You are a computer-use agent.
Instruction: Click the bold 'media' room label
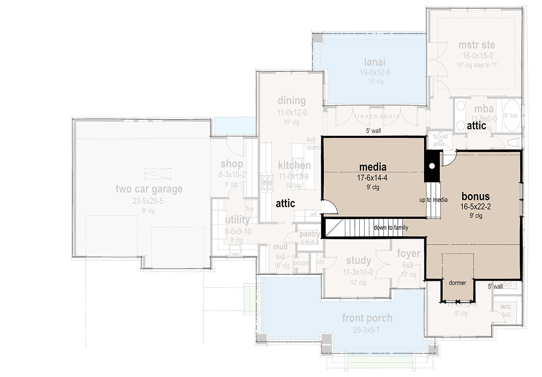click(372, 167)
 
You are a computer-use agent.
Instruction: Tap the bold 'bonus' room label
click(475, 197)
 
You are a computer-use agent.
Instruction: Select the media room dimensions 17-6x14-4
click(372, 178)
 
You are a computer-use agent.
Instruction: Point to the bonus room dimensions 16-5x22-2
click(475, 206)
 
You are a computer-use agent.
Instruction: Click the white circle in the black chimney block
click(432, 166)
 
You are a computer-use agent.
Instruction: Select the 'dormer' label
click(457, 283)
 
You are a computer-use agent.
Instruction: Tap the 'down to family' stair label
click(390, 228)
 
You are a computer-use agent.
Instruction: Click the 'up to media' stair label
click(433, 200)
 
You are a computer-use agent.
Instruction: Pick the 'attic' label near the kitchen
click(285, 203)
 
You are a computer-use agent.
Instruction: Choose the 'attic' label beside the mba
click(476, 126)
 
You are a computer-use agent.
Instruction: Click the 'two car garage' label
click(149, 189)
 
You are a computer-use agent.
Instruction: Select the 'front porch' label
click(367, 318)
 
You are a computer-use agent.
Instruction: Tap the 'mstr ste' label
click(476, 45)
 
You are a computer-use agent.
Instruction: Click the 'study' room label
click(358, 261)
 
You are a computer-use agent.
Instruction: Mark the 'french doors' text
click(377, 116)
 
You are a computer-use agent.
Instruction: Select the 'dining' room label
click(291, 100)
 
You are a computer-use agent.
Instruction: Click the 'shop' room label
click(231, 164)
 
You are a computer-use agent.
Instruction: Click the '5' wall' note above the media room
click(372, 131)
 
